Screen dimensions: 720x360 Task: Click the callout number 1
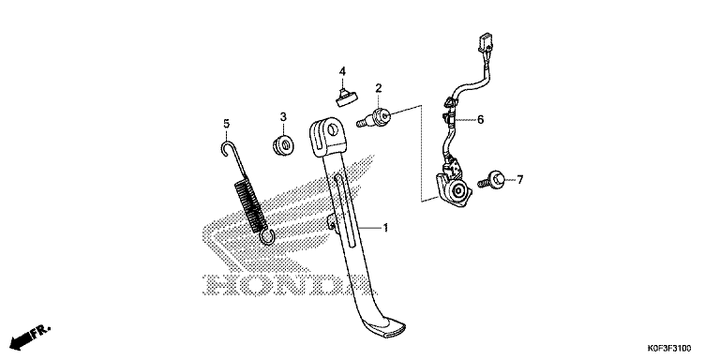385,227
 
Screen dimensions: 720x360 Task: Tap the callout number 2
379,88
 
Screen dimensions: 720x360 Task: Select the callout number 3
283,116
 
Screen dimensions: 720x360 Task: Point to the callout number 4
342,71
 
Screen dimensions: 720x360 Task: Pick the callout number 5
226,124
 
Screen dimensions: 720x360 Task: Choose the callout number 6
480,120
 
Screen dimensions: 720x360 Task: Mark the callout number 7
519,180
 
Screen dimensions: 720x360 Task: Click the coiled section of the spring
250,204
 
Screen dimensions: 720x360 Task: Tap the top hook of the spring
226,148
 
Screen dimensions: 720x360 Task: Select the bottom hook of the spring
267,236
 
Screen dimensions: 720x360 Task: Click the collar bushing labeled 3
283,145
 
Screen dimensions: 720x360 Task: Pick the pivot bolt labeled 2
374,118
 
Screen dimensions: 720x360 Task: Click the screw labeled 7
492,180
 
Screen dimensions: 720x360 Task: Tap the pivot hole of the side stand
333,130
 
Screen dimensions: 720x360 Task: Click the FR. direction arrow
30,337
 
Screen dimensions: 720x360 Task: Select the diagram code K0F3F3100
669,348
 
